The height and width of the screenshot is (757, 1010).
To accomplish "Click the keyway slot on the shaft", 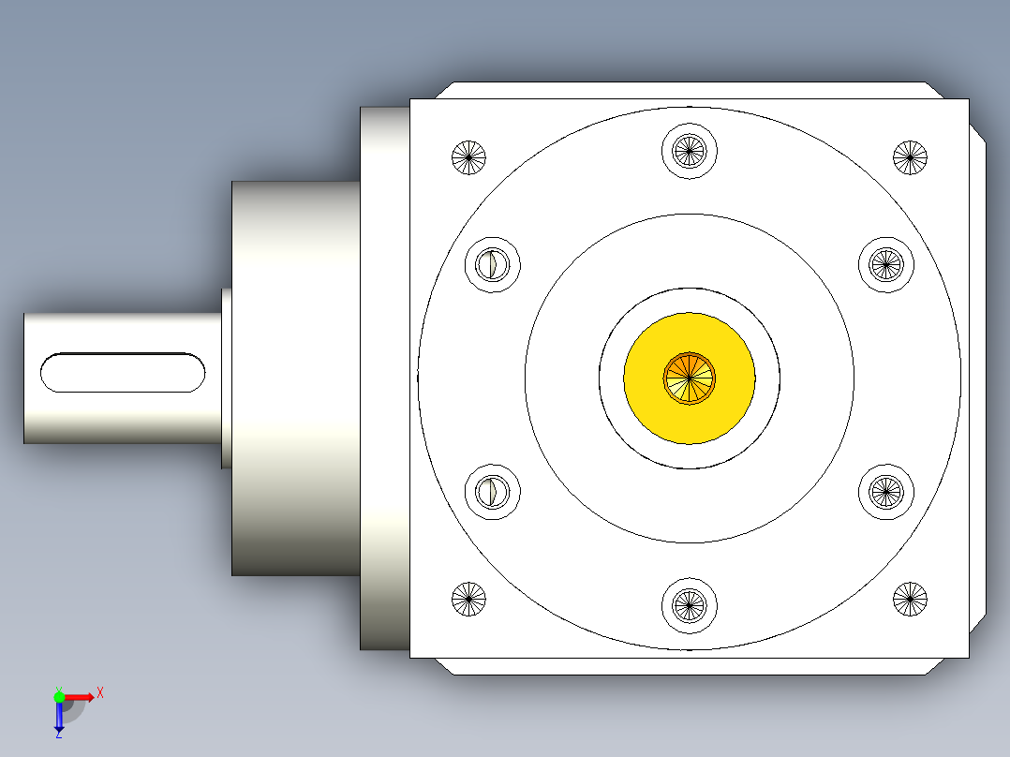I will pyautogui.click(x=123, y=373).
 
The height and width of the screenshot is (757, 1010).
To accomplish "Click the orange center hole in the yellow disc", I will pyautogui.click(x=690, y=378).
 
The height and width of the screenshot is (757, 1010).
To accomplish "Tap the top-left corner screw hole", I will pyautogui.click(x=469, y=156).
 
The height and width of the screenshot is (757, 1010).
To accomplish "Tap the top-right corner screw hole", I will pyautogui.click(x=910, y=156).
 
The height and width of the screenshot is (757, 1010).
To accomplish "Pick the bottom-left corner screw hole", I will pyautogui.click(x=469, y=599).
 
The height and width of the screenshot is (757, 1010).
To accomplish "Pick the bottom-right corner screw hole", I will pyautogui.click(x=910, y=599).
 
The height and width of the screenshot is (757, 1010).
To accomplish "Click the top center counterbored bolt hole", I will pyautogui.click(x=690, y=149).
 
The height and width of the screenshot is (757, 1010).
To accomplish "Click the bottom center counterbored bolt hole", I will pyautogui.click(x=690, y=606).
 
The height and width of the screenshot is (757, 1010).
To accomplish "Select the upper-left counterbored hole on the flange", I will pyautogui.click(x=493, y=263).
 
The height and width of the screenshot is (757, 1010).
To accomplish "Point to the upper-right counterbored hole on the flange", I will pyautogui.click(x=886, y=263).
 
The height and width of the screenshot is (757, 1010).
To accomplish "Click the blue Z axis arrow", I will pyautogui.click(x=59, y=718).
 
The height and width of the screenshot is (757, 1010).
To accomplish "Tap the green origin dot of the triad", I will pyautogui.click(x=59, y=696).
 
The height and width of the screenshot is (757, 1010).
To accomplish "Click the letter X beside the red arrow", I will pyautogui.click(x=100, y=693).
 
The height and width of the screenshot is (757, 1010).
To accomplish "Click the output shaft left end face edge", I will pyautogui.click(x=25, y=378).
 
